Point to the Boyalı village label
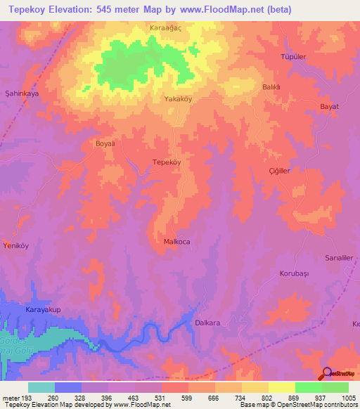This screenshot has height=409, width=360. point(104,143)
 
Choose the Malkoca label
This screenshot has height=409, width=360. point(176,242)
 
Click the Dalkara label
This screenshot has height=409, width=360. point(207,323)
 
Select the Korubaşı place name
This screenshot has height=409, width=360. point(295,273)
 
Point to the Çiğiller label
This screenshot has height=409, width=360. point(279,171)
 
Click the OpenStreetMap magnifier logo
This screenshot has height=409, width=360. point(327,374)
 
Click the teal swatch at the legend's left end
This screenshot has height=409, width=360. point(41,387)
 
